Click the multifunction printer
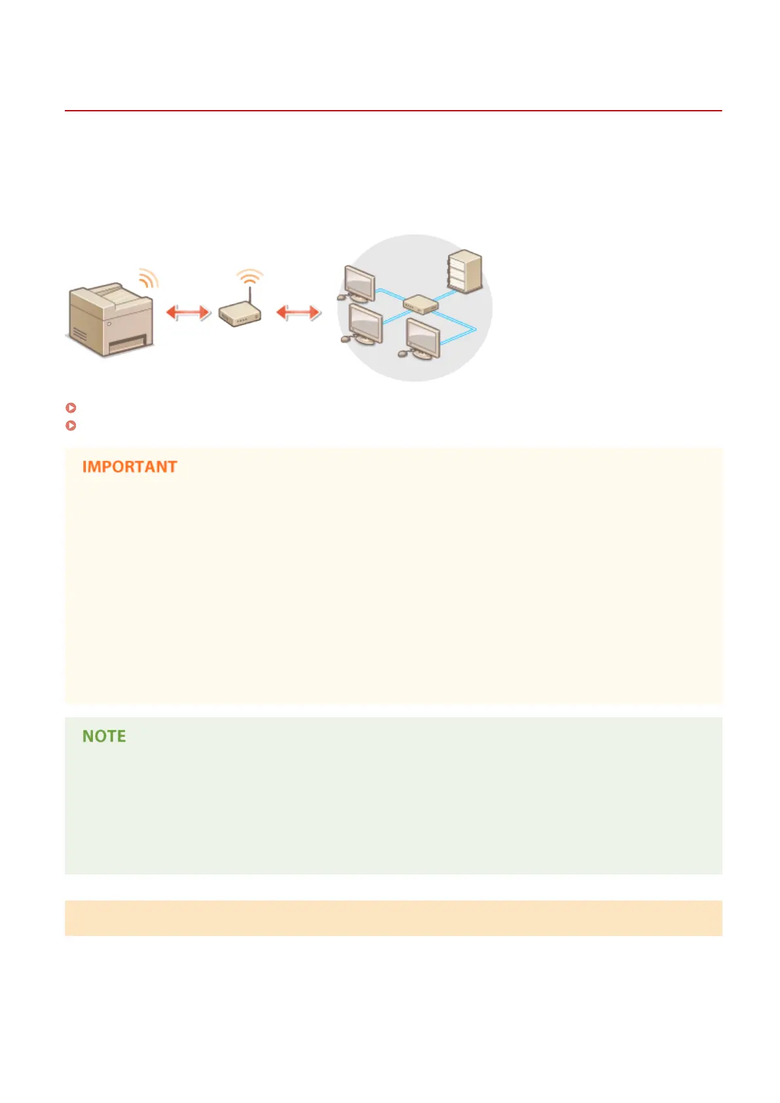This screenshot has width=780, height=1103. point(110,319)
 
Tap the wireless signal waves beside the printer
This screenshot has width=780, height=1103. point(149,278)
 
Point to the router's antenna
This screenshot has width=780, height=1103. point(250,294)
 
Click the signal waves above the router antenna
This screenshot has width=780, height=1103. point(250,276)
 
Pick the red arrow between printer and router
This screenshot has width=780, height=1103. point(188,312)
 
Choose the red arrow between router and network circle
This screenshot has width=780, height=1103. point(298,312)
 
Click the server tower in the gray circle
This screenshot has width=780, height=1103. point(464,271)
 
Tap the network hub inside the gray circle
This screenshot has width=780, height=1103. point(420,305)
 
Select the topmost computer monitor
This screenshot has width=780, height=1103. point(359,283)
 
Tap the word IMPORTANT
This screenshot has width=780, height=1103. point(130,467)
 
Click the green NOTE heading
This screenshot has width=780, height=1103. point(104,736)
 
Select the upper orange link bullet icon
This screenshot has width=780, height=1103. point(71,407)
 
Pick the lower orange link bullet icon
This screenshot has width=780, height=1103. point(71,425)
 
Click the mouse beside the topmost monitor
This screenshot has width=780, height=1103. point(341,297)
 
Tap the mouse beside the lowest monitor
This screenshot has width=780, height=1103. point(402,354)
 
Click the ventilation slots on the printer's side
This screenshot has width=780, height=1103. point(79,335)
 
